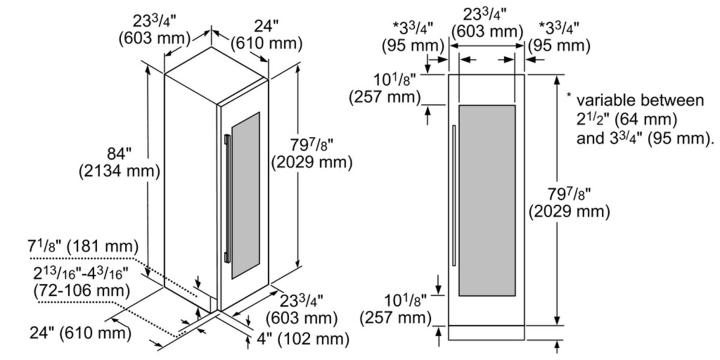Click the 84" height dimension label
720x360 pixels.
(x=119, y=154)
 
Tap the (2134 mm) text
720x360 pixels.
(x=119, y=171)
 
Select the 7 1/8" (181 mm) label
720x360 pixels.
(x=83, y=247)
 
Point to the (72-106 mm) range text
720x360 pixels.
(x=82, y=290)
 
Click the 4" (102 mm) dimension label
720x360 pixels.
(x=303, y=338)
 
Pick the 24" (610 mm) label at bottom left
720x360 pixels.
(x=80, y=332)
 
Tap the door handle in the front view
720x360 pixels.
(x=454, y=196)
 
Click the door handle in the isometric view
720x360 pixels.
(x=227, y=199)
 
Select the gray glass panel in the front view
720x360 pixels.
(x=487, y=200)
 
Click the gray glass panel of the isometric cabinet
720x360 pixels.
(x=245, y=196)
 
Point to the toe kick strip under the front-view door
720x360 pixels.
(x=487, y=332)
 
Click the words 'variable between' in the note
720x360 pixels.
(x=640, y=101)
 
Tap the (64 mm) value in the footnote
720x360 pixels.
(x=646, y=119)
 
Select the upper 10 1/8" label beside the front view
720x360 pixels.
(x=394, y=79)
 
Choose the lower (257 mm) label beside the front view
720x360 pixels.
(x=395, y=318)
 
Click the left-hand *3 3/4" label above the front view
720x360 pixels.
(x=413, y=28)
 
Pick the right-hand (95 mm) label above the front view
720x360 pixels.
(x=560, y=46)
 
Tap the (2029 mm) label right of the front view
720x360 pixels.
(x=569, y=211)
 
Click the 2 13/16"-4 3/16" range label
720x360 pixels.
(x=80, y=273)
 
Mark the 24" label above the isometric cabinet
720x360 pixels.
(x=266, y=26)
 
